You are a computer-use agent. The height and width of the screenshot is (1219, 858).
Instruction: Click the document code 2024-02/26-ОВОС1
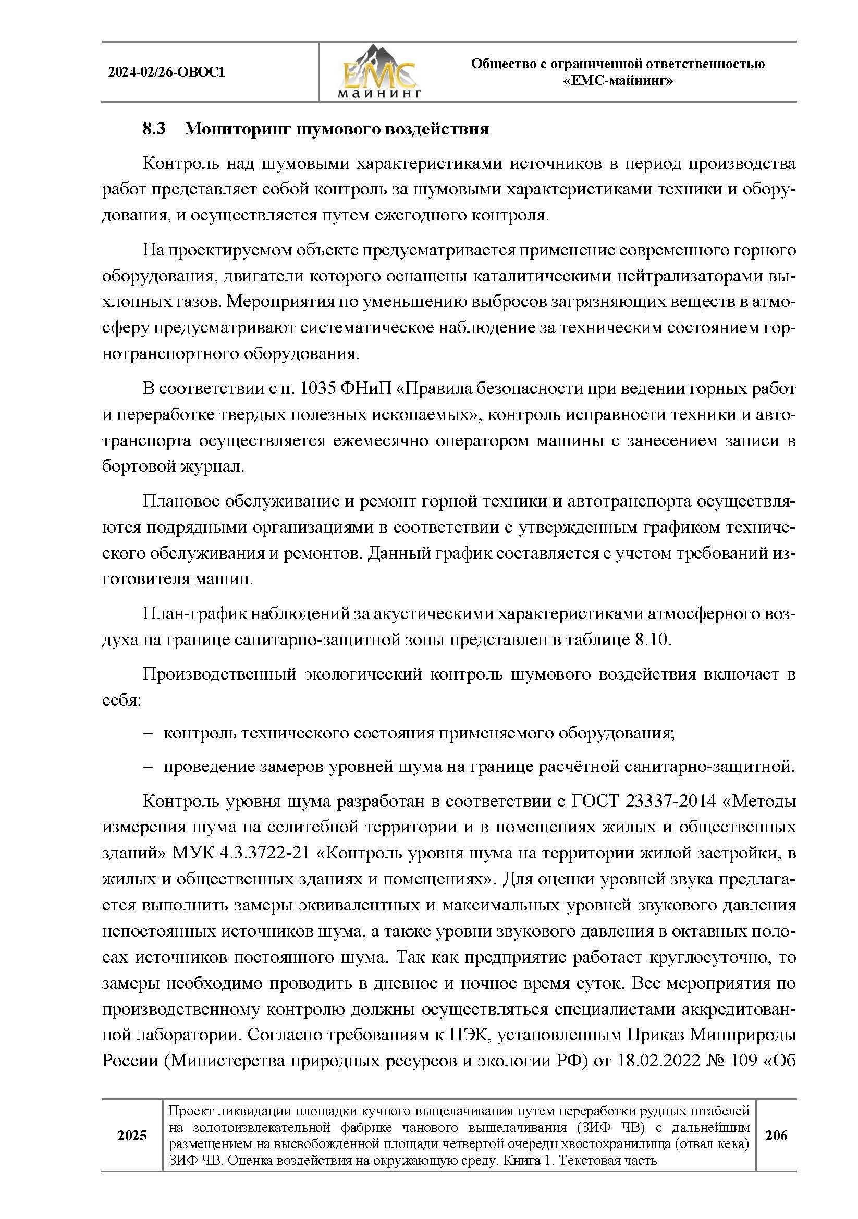166,72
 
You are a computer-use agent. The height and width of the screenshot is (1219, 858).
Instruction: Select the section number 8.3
154,129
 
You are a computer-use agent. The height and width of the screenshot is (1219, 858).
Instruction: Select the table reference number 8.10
651,639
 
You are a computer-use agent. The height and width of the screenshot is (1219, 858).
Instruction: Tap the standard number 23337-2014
671,801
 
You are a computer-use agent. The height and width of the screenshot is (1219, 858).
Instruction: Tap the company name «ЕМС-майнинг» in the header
618,81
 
